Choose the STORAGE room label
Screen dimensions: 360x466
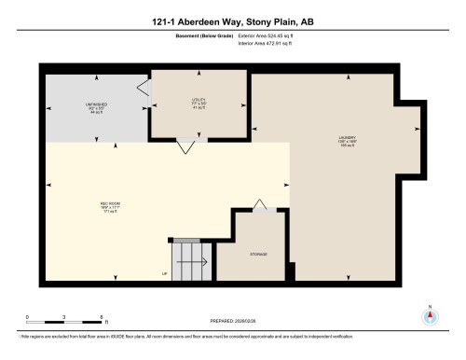click(258, 254)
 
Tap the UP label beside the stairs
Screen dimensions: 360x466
click(164, 273)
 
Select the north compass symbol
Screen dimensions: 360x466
click(429, 314)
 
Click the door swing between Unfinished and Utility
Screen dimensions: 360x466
click(143, 89)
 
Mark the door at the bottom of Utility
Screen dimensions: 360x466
click(186, 145)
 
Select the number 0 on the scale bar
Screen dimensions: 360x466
click(27, 316)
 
